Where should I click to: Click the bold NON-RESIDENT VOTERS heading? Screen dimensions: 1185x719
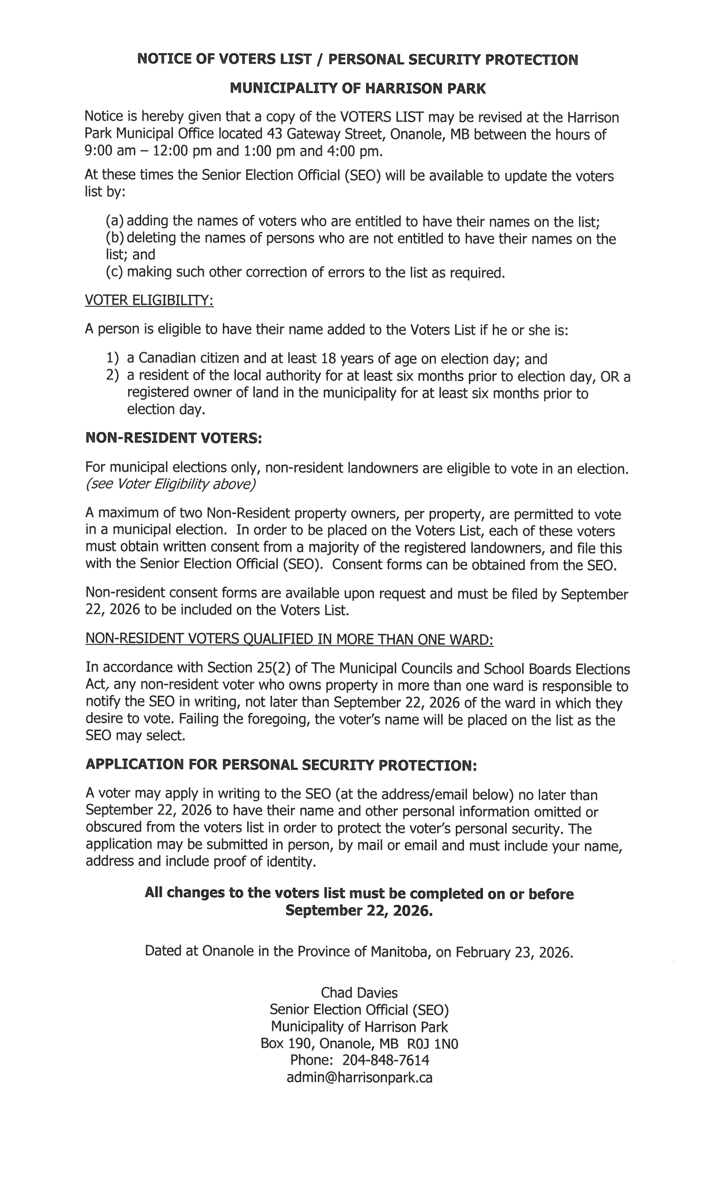173,438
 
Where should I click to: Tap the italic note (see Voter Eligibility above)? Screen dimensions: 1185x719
171,484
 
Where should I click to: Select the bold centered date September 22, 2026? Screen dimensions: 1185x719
359,910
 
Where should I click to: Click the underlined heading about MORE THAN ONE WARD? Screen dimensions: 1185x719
289,639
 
